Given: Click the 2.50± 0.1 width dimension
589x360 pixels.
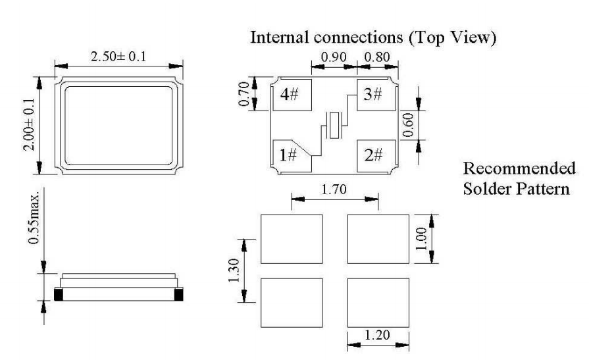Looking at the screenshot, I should point(119,57).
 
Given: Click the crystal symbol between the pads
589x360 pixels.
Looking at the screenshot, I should point(336,125).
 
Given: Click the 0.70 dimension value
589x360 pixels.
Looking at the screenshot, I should point(243,95).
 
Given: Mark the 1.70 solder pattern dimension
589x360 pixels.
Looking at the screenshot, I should point(334,190).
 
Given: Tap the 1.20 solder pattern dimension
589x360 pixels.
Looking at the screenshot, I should point(378,334).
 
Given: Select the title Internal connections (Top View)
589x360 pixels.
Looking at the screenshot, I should point(373,38).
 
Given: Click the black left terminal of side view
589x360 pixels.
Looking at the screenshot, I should point(58,295).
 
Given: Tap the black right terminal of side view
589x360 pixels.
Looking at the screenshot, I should point(178,295).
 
